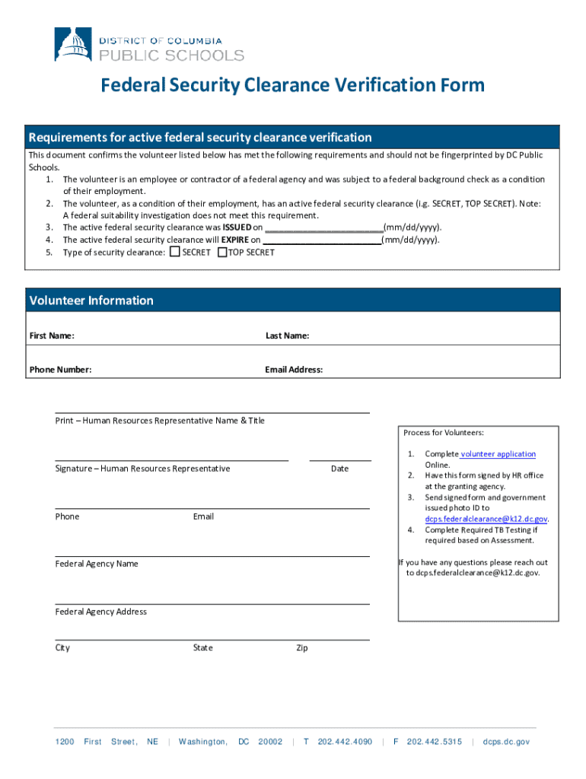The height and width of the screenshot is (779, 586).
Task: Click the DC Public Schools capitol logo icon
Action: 74,44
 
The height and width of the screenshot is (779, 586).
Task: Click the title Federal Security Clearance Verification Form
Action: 293,85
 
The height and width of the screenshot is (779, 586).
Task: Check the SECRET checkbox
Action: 175,252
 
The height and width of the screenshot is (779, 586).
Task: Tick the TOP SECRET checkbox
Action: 222,252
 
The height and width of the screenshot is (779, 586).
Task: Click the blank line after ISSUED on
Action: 323,227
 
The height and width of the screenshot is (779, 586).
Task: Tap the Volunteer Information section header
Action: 91,300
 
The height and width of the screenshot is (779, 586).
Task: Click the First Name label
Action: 52,335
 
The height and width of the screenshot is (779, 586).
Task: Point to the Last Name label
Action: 287,335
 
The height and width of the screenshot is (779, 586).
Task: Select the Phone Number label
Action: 60,370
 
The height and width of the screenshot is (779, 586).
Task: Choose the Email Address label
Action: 294,370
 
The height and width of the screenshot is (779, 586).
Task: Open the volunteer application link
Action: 498,454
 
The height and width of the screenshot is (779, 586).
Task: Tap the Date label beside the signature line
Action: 339,469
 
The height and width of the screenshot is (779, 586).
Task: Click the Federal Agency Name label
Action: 97,564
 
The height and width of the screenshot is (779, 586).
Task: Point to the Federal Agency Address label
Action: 100,612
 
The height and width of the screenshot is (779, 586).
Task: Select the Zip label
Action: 302,648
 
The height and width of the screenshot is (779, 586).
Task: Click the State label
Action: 203,648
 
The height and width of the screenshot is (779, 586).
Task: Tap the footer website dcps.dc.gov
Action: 505,742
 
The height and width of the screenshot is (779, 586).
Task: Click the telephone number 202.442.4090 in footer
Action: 345,742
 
